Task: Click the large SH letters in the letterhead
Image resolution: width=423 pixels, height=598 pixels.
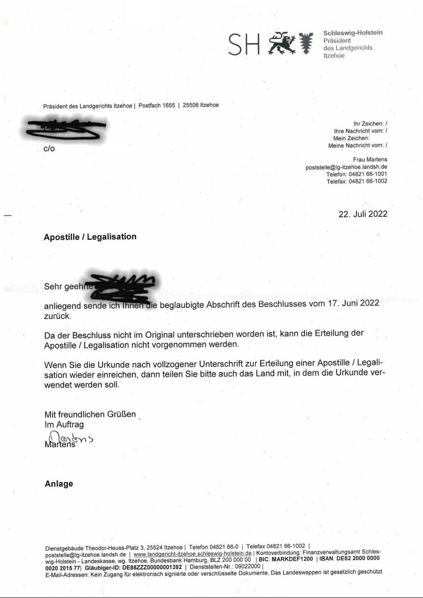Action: [244, 44]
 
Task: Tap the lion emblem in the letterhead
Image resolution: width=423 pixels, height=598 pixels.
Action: [282, 43]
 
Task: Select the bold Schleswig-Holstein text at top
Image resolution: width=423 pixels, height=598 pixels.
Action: [353, 33]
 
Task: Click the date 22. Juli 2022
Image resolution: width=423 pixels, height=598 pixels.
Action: [363, 214]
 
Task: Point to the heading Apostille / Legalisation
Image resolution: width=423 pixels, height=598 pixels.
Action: [90, 237]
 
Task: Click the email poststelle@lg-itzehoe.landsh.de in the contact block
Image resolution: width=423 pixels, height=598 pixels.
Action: [346, 167]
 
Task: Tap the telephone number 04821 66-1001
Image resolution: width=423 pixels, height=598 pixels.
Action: [368, 174]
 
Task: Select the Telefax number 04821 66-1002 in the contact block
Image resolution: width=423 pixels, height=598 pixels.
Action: [368, 181]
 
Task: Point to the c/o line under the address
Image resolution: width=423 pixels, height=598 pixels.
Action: [49, 149]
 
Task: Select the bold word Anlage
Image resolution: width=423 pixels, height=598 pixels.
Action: [59, 484]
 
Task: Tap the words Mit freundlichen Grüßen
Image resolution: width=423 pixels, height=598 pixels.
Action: [90, 414]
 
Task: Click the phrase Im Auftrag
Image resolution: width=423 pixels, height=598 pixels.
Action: [64, 425]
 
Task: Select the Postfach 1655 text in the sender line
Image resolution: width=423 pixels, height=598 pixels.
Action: [157, 106]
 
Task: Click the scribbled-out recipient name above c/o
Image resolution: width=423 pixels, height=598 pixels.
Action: [66, 129]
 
